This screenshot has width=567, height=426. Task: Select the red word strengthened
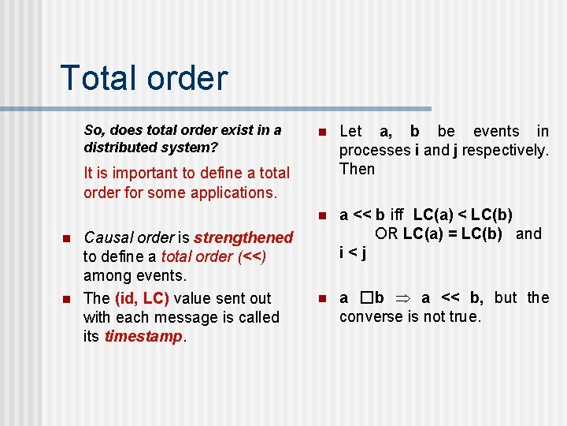coord(243,237)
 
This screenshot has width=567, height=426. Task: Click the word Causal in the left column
coord(109,237)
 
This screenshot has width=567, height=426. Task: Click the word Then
coord(357,169)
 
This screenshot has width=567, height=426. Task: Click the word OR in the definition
coord(387,234)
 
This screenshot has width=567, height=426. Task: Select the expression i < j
coord(353,253)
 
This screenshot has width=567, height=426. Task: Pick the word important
coord(131,173)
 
